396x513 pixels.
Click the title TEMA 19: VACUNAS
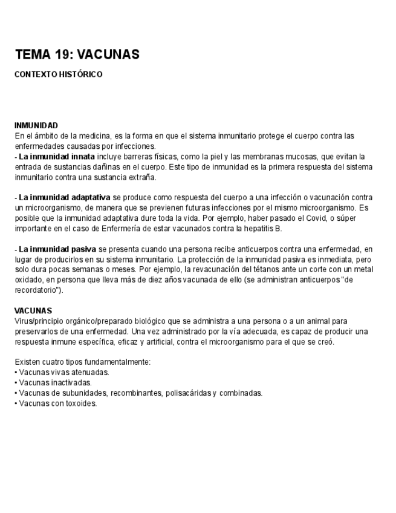(77, 54)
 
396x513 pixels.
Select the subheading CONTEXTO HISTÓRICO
(59, 74)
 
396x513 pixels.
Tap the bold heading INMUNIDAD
(36, 125)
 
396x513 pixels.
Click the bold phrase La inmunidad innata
(57, 157)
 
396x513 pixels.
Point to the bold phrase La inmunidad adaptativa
(64, 197)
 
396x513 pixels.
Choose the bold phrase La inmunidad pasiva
(58, 249)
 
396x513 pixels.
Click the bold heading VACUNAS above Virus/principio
(33, 311)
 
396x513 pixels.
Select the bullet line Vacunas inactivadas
(55, 382)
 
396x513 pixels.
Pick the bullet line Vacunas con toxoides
(57, 403)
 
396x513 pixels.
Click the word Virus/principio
(41, 321)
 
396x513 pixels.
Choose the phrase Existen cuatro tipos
(48, 362)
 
